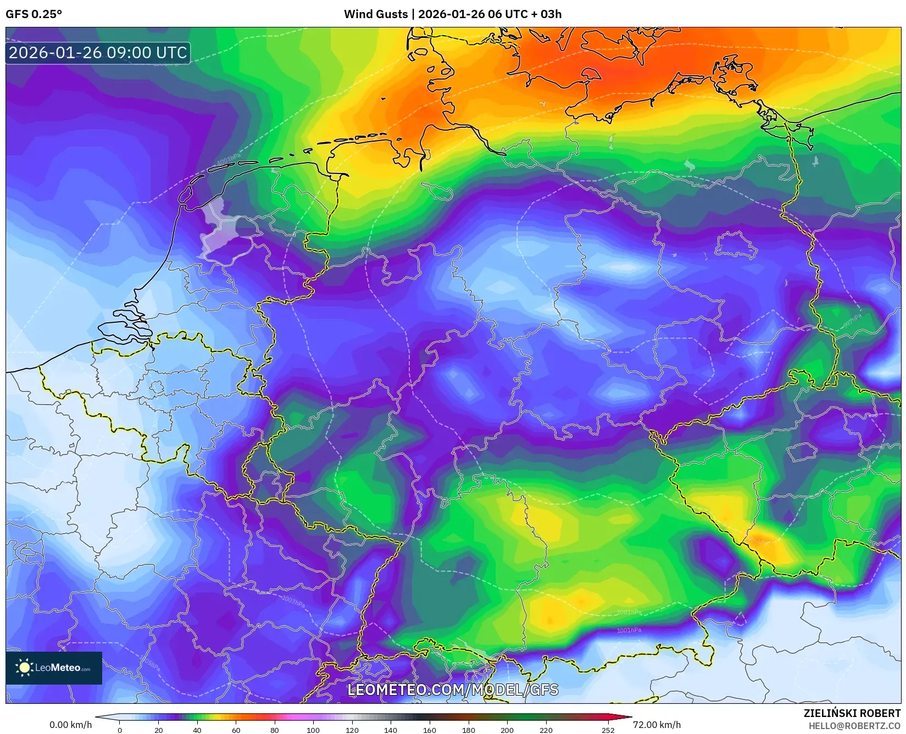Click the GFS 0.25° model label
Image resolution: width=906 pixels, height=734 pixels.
point(34,14)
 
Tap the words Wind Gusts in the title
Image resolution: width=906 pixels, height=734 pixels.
point(376,14)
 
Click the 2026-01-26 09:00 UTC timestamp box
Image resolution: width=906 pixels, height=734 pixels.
point(98,53)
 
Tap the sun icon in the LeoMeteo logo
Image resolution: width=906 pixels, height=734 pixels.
point(24,668)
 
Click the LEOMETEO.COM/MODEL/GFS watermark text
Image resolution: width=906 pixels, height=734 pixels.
point(453,690)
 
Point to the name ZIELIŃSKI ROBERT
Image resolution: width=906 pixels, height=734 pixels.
point(852,713)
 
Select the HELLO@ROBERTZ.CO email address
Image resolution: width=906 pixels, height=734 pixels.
point(854,725)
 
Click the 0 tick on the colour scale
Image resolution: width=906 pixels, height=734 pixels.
point(120,730)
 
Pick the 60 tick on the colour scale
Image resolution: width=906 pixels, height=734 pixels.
point(236,730)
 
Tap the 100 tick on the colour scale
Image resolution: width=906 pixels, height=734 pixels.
point(313,730)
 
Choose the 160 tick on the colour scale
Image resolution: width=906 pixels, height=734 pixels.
point(429,730)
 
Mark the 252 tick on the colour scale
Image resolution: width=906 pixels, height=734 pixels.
point(607,730)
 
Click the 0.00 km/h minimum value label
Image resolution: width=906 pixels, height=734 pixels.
point(70,725)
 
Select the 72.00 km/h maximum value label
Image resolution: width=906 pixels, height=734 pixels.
point(657,725)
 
